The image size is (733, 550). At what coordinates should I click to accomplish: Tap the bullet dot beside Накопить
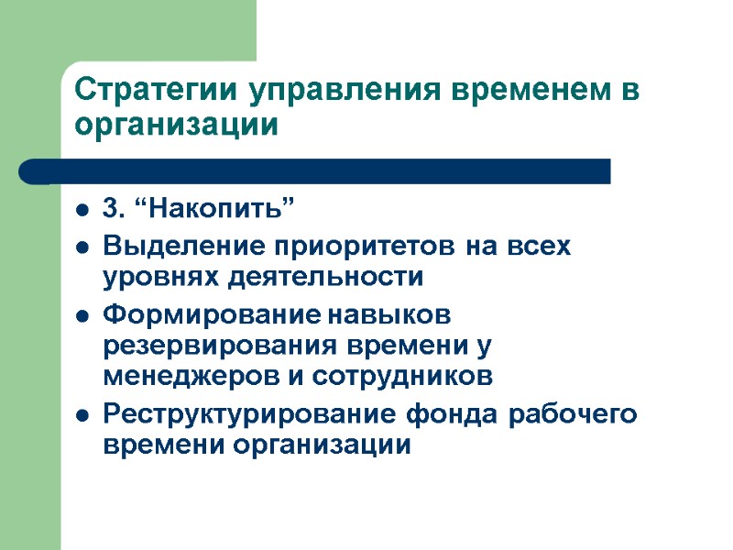[83, 214]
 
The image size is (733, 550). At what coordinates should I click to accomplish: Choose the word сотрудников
[405, 376]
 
